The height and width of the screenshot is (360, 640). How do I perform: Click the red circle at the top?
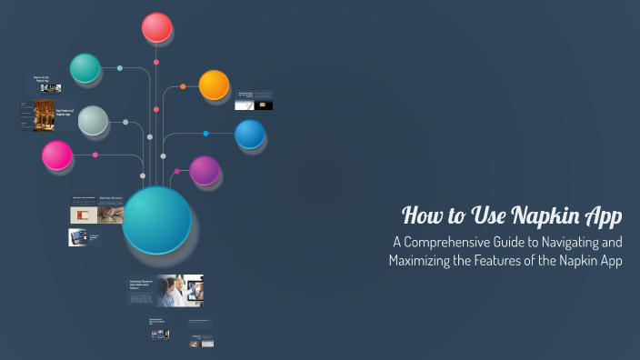point(157,27)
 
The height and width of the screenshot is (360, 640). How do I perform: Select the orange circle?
point(214,85)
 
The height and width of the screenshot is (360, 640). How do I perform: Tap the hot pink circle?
point(57,155)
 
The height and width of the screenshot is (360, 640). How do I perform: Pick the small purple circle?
point(205,170)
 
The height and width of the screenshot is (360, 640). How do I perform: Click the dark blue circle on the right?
point(249,135)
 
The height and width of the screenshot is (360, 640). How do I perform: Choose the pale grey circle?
point(93,121)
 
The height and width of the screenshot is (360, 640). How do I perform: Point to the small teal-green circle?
point(85,68)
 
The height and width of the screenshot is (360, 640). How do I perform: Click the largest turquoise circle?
point(156,220)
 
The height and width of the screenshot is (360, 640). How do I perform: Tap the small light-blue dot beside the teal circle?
point(120,68)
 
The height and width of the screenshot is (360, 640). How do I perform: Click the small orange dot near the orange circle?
point(183,86)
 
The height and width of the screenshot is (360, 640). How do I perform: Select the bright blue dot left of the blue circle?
point(205,134)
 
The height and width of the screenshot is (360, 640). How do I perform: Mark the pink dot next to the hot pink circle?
point(95,155)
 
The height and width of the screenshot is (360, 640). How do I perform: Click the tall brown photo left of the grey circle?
point(44,115)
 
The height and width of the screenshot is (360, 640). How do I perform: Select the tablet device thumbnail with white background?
point(77,236)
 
